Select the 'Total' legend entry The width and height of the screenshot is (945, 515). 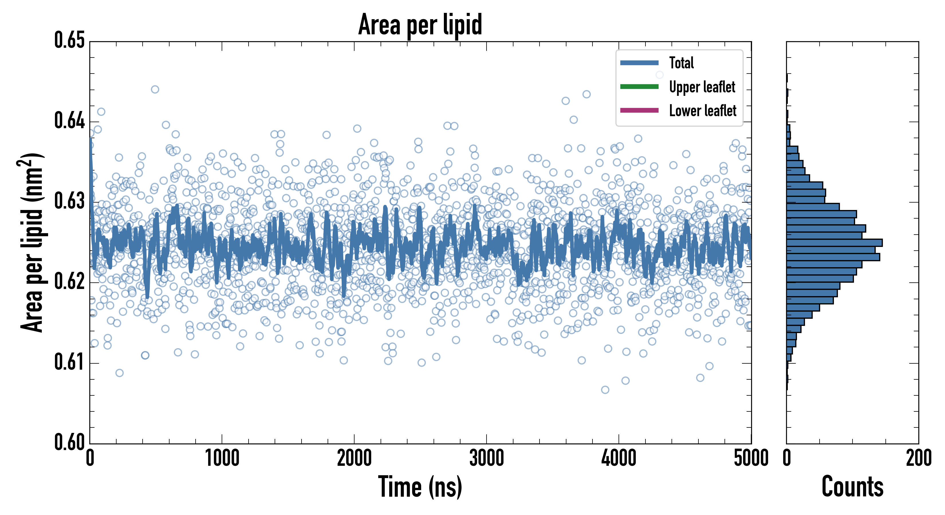(x=681, y=63)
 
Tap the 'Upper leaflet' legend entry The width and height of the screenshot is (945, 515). (x=702, y=87)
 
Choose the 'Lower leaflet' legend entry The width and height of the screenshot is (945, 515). (x=702, y=111)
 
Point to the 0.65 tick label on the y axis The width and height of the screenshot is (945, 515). (x=69, y=40)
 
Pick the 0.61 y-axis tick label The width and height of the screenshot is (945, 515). (x=69, y=362)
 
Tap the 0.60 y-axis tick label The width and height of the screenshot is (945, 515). (x=69, y=442)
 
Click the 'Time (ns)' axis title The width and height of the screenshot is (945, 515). (x=420, y=487)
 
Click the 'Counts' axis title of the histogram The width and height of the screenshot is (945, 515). (x=852, y=487)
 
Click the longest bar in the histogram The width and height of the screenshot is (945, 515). (x=834, y=243)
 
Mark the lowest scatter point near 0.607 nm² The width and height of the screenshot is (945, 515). (x=605, y=390)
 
